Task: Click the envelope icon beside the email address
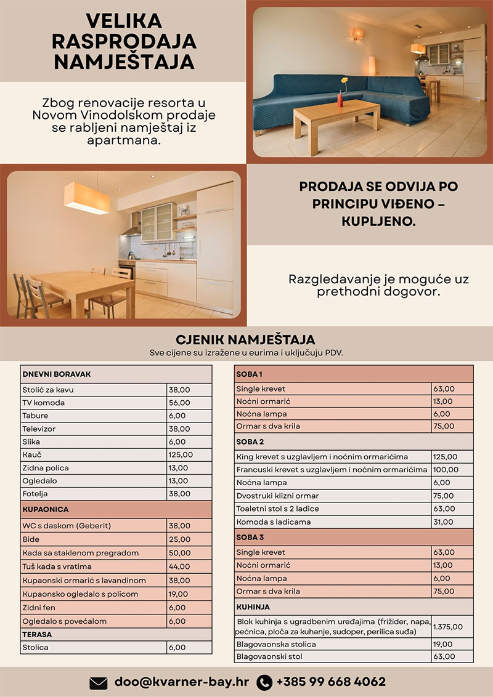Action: pyautogui.click(x=99, y=682)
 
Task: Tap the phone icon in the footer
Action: pyautogui.click(x=264, y=682)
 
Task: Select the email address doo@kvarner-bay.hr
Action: pyautogui.click(x=182, y=682)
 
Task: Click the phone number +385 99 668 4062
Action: pyautogui.click(x=331, y=682)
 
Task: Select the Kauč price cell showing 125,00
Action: pyautogui.click(x=181, y=455)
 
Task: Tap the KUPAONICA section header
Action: pyautogui.click(x=46, y=510)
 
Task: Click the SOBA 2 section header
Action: pyautogui.click(x=250, y=441)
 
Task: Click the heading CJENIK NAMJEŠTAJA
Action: pyautogui.click(x=245, y=340)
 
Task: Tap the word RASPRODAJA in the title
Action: pyautogui.click(x=124, y=41)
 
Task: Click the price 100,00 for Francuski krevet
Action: pyautogui.click(x=446, y=470)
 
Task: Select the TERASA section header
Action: pyautogui.click(x=38, y=634)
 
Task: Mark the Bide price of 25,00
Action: pyautogui.click(x=179, y=539)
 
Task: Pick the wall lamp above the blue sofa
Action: pyautogui.click(x=357, y=33)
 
